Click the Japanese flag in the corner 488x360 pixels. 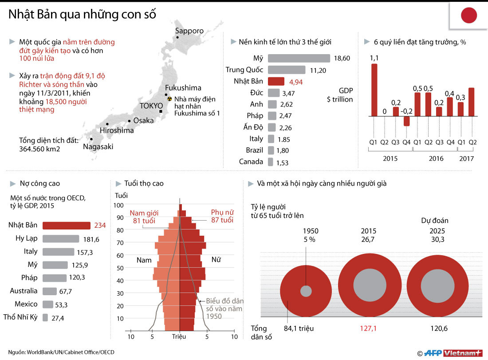coord(468,16)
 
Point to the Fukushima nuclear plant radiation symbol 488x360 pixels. coord(169,99)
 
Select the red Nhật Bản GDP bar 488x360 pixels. coord(276,81)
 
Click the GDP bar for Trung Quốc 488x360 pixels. coord(287,70)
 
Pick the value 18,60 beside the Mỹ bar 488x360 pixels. coord(342,58)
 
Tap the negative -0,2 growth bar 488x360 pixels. coord(406,121)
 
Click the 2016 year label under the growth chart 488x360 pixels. coord(436,158)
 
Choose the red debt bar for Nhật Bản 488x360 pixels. coord(67,225)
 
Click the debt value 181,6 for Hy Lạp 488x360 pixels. coord(91,239)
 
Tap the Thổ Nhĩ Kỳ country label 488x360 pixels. coord(20,317)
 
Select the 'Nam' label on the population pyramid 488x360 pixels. coord(144,260)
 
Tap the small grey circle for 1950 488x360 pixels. coord(306,291)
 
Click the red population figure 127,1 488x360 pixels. coord(369,329)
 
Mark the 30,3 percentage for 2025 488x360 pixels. coord(437,239)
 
